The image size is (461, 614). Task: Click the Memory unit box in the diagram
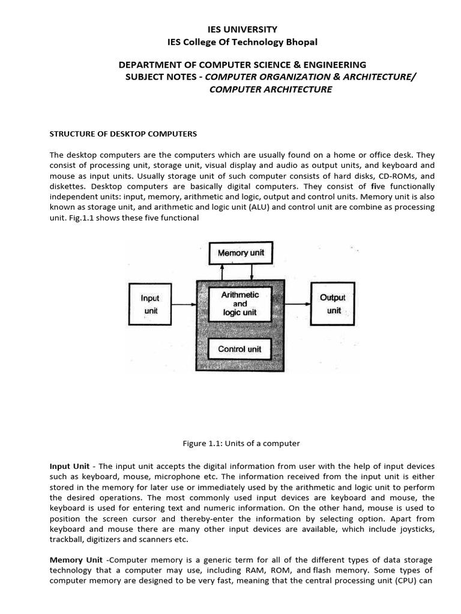[x=240, y=253]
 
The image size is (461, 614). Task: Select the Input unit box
[x=149, y=304]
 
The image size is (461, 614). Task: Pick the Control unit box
[x=240, y=349]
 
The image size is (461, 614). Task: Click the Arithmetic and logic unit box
[x=240, y=303]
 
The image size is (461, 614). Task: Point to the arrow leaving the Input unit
[x=183, y=304]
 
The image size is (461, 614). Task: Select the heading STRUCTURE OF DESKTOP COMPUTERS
[x=123, y=133]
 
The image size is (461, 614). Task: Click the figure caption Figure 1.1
[x=241, y=444]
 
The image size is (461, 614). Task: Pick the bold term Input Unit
[x=70, y=466]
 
